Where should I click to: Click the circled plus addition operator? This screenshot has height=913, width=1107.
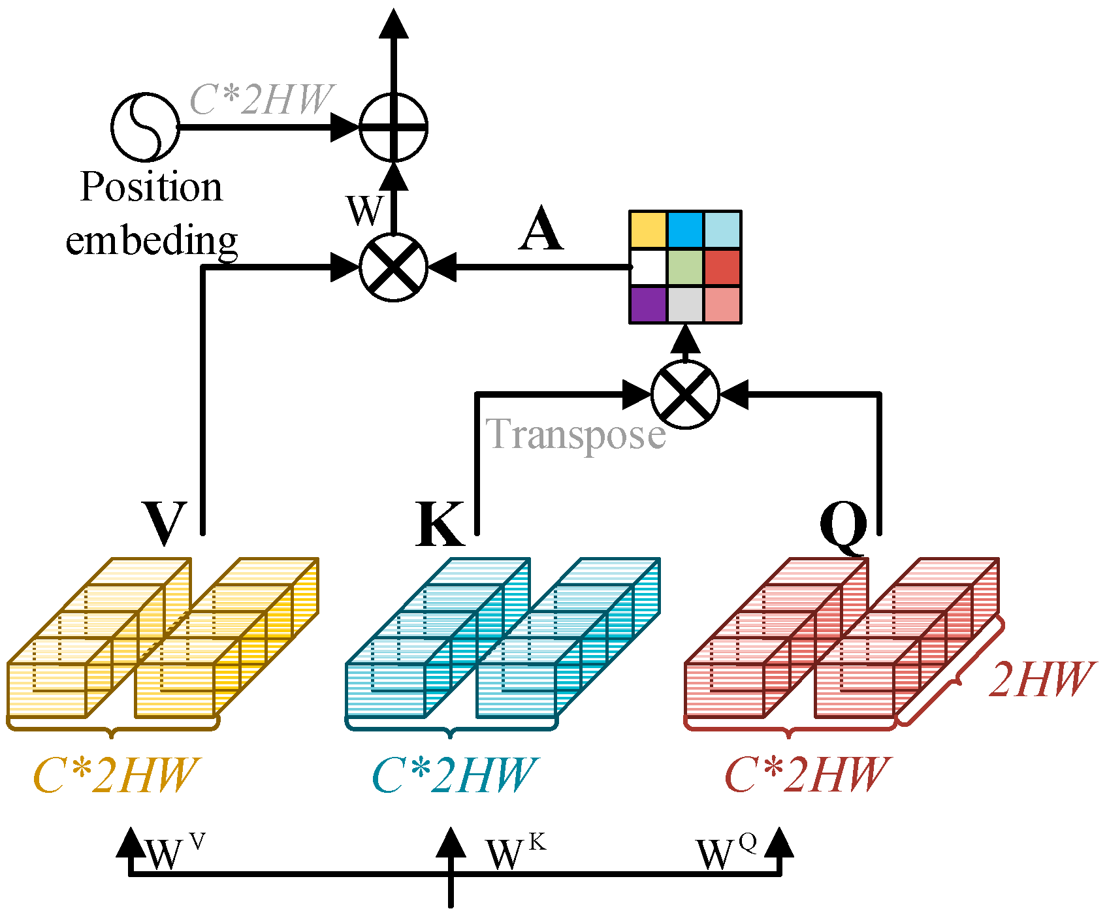pyautogui.click(x=393, y=127)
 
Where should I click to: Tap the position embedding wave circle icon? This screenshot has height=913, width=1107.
pyautogui.click(x=144, y=127)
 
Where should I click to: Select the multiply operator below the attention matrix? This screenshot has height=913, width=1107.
pyautogui.click(x=685, y=394)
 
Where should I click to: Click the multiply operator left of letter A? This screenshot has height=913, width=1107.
pyautogui.click(x=393, y=267)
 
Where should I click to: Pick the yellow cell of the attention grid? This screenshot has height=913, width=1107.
pyautogui.click(x=648, y=230)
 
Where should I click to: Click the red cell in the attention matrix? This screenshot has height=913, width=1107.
pyautogui.click(x=722, y=267)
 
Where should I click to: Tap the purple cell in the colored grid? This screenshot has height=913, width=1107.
pyautogui.click(x=648, y=304)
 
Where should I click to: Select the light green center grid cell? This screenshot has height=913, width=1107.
pyautogui.click(x=685, y=267)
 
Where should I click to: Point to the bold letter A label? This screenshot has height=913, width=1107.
pyautogui.click(x=541, y=230)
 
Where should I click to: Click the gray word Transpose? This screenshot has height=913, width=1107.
pyautogui.click(x=576, y=434)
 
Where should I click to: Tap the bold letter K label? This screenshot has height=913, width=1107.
pyautogui.click(x=440, y=524)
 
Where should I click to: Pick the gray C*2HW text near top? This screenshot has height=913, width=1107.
pyautogui.click(x=261, y=100)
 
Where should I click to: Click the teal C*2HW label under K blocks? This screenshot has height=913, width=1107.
pyautogui.click(x=453, y=776)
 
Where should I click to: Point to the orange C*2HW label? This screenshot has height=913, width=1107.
pyautogui.click(x=115, y=776)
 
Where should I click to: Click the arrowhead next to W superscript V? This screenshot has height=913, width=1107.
pyautogui.click(x=131, y=842)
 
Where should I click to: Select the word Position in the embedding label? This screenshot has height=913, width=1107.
pyautogui.click(x=152, y=187)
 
